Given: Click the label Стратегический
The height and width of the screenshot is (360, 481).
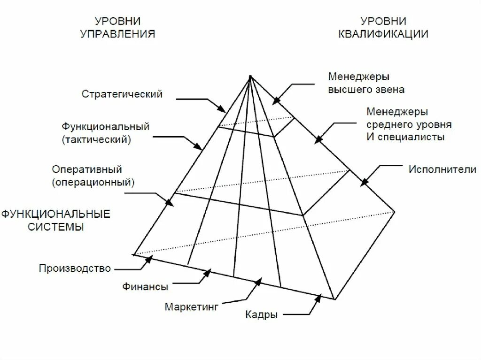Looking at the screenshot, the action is point(122,94).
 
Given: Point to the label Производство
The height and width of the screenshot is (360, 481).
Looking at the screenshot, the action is point(75,268).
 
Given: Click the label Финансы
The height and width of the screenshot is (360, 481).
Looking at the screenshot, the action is point(145,286).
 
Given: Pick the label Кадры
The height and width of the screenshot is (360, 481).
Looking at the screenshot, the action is point(261,314).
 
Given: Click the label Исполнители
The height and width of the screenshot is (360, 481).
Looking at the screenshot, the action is point(442,169).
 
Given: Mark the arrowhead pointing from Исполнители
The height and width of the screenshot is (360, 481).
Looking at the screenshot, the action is point(363,184).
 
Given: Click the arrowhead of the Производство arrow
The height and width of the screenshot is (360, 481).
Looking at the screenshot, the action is point(150,257).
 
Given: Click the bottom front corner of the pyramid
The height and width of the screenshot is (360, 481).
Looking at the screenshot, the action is point(334,299).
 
